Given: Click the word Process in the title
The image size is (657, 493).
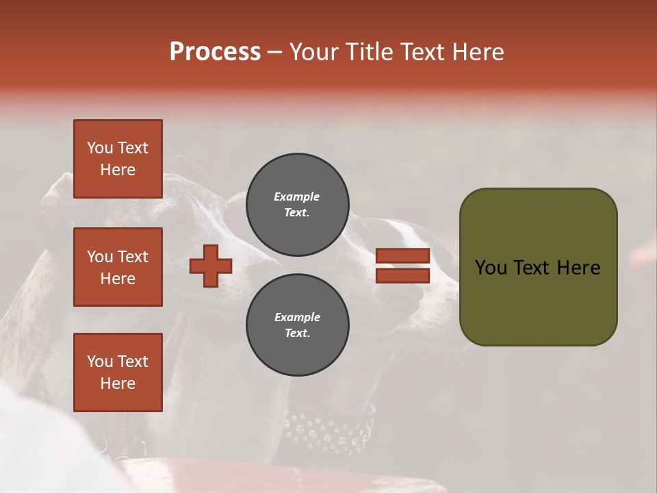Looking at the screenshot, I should coord(215,52).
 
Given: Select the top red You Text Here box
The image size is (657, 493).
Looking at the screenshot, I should coord(118,159).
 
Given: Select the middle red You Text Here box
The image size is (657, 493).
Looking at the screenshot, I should coord(118,267).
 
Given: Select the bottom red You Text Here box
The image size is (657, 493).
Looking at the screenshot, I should coord(118,372).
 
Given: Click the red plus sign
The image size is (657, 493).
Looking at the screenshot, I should coord(211,266).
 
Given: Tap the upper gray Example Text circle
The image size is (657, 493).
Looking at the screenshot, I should coord(297,205).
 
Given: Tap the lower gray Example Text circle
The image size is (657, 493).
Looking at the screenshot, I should coord(297,325).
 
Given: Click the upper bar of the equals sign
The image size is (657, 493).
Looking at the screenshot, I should coord(402,255).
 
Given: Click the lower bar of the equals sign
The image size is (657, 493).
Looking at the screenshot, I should coord(402,275).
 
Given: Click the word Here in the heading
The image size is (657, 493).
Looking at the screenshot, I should coord(479,52).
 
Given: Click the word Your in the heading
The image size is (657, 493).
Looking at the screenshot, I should coord(313,52).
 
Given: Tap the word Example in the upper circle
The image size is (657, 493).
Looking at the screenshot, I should coord(297,197).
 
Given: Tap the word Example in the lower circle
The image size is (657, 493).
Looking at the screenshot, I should coord(297,317).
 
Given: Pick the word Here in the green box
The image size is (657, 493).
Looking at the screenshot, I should coord(579,268).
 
